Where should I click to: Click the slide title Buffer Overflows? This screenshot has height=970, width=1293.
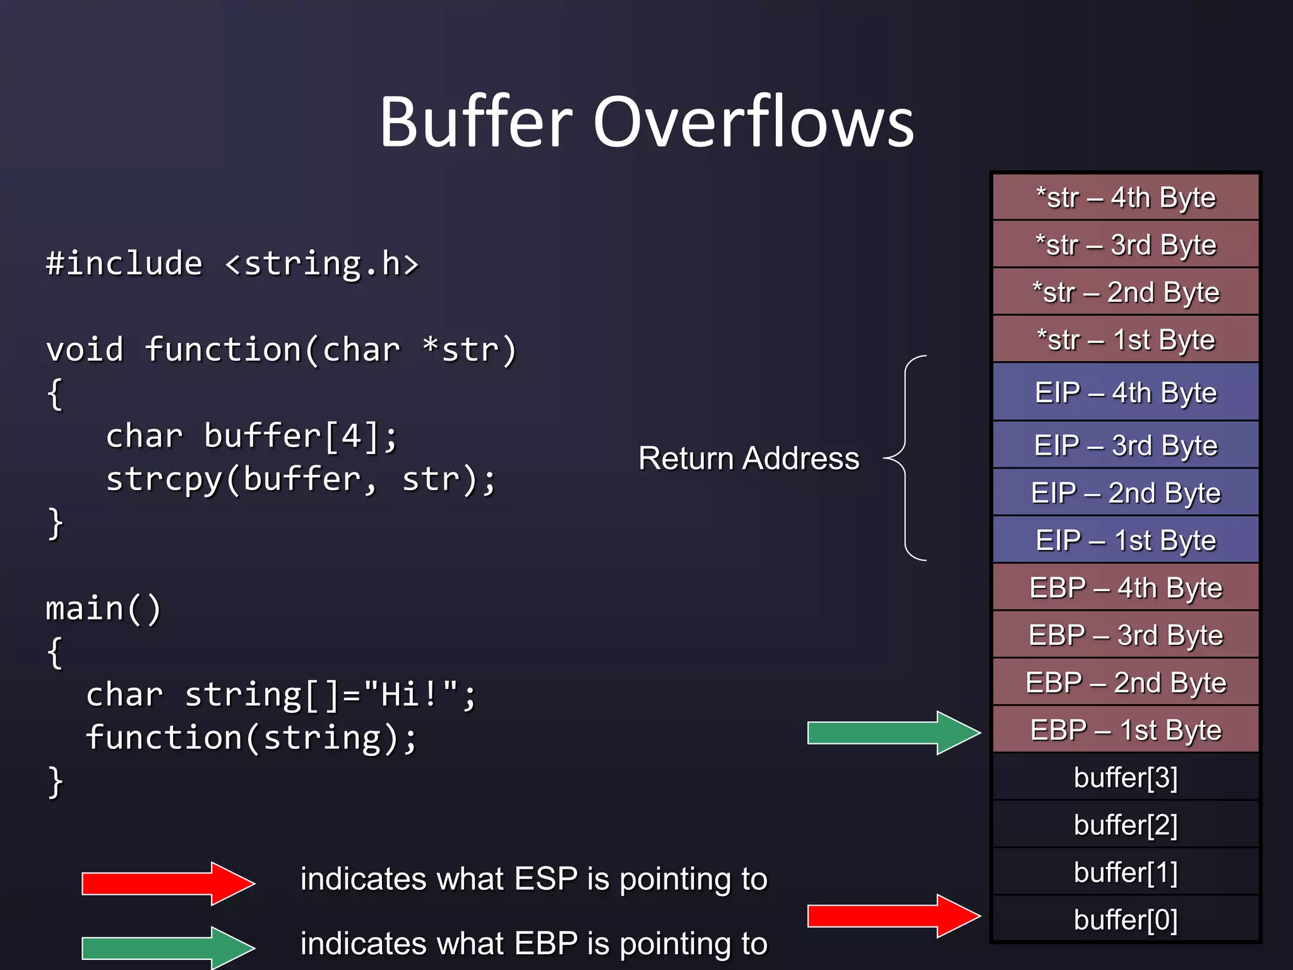646,121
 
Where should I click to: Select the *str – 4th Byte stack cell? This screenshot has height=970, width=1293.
1126,197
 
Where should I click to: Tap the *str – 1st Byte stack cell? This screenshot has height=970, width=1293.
1126,340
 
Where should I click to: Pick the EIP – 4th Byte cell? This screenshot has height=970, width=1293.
1126,392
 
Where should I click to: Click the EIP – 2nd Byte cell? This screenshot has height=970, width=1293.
1126,493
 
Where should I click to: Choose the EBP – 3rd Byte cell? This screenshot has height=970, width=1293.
1126,635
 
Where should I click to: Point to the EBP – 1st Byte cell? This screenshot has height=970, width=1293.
1126,730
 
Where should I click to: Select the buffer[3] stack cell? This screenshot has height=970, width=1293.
1126,777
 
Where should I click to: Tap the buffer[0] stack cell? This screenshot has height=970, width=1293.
1126,919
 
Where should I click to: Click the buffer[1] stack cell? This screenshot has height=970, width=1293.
1126,872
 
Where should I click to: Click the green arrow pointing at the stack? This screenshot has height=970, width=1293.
893,733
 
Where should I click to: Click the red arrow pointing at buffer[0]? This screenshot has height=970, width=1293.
893,916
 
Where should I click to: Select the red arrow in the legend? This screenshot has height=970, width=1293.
168,883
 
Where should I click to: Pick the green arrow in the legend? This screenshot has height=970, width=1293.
168,947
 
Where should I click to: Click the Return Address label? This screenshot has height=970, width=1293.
749,458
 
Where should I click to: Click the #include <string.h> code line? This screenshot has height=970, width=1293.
232,263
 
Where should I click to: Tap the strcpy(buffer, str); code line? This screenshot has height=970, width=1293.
301,479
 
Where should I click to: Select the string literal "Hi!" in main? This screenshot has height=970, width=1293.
411,694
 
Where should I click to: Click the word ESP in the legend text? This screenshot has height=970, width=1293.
545,878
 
